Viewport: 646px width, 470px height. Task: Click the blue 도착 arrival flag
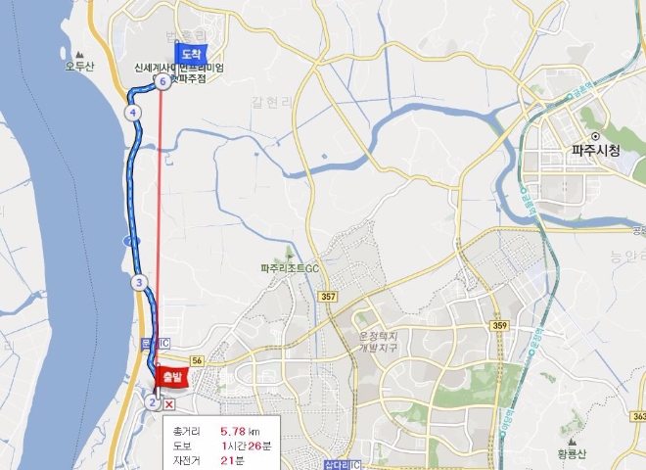pos(190,55)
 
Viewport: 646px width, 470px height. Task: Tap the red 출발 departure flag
pos(171,376)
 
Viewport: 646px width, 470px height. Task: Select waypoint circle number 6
pos(162,82)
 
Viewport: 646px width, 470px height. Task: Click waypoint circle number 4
pos(132,113)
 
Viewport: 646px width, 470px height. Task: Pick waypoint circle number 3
pos(139,283)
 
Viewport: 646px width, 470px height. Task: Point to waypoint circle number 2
pos(153,401)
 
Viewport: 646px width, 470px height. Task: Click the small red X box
pos(169,402)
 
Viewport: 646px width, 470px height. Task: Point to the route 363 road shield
pos(638,417)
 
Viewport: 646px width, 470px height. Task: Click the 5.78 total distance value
pos(233,432)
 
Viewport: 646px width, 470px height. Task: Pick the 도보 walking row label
pos(181,446)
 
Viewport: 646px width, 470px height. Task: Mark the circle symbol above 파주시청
pos(594,135)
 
